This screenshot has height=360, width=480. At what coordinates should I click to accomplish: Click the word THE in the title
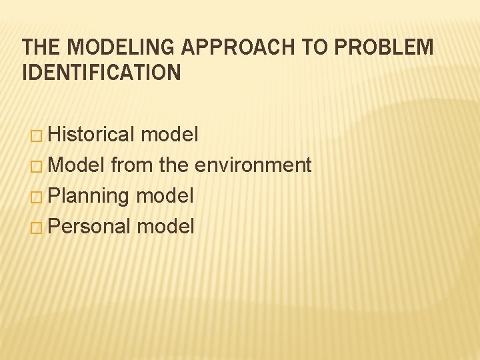(x=42, y=48)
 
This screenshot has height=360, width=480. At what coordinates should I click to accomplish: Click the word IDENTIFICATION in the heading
(x=101, y=73)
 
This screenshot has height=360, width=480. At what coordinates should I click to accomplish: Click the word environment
(x=253, y=165)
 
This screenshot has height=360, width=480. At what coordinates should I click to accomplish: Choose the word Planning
(x=89, y=197)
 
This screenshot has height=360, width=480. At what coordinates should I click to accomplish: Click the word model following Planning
(x=165, y=196)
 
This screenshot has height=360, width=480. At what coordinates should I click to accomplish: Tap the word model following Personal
(x=165, y=227)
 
